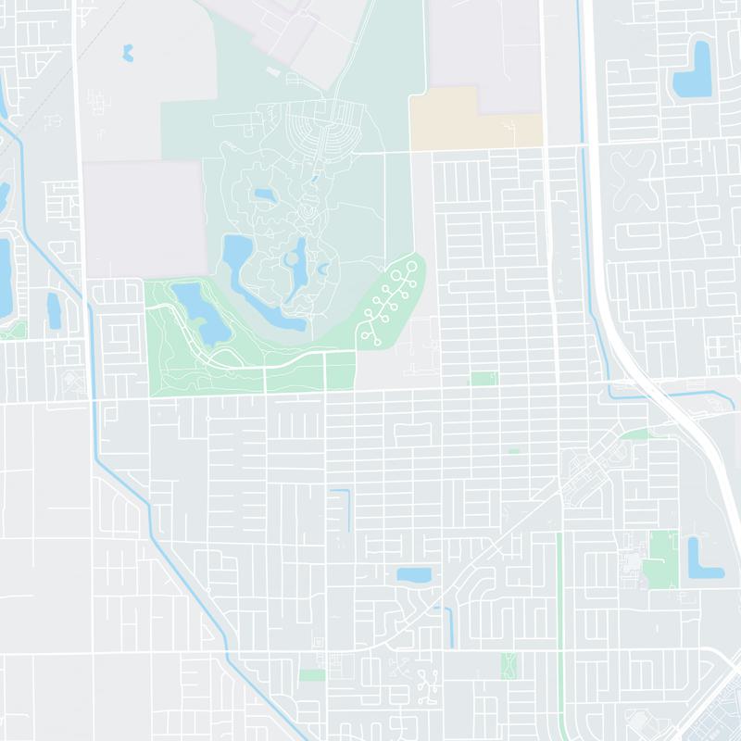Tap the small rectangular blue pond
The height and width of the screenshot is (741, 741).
pos(414,575)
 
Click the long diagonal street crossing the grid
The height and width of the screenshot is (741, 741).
pos(500,546)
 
